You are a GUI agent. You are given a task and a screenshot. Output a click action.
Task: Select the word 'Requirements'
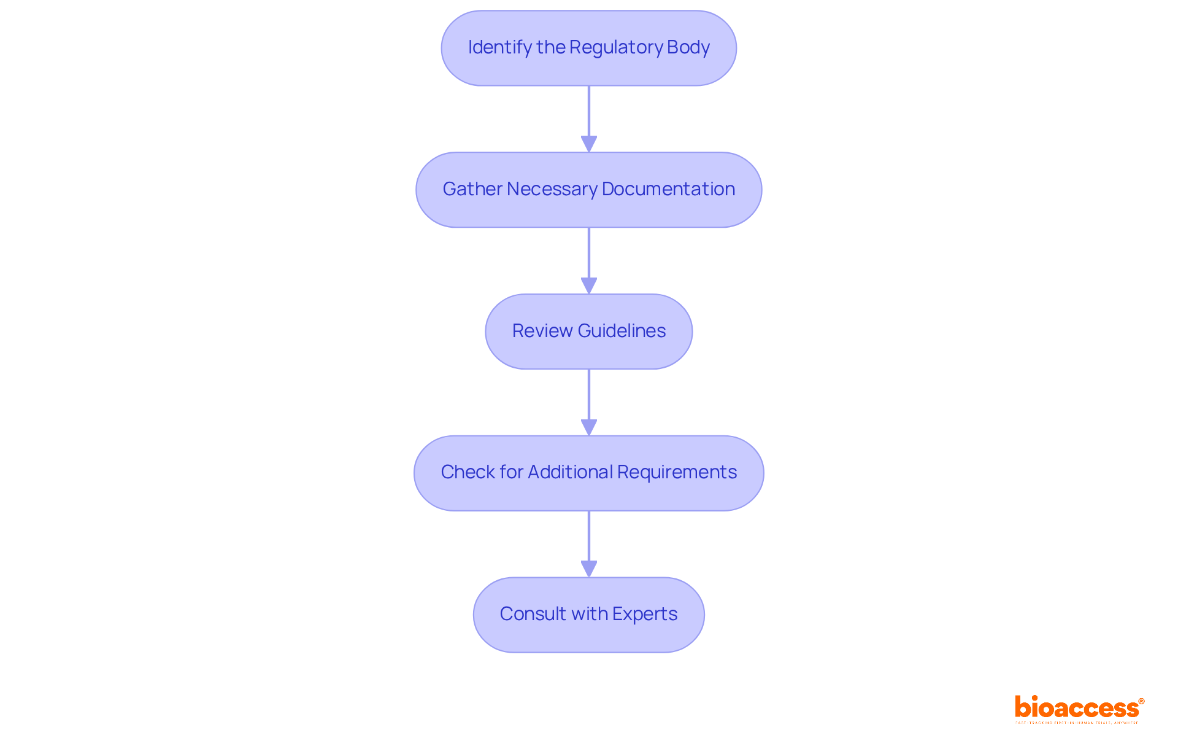pyautogui.click(x=677, y=472)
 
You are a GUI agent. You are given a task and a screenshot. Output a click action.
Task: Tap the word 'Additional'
pyautogui.click(x=570, y=472)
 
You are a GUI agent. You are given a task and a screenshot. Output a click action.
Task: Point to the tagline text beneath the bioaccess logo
pyautogui.click(x=1077, y=723)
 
